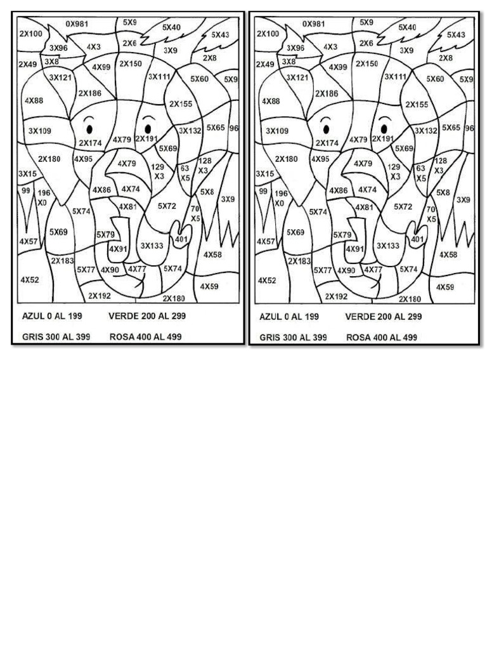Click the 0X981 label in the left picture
77,23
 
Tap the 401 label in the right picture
417,239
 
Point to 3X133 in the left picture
153,246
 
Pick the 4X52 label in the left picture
30,279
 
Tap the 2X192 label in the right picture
336,296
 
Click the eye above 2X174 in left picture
89,129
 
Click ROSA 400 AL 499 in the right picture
382,338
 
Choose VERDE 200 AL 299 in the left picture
147,316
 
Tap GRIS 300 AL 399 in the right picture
293,338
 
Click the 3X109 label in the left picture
40,131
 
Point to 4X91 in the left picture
118,249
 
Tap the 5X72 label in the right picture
403,206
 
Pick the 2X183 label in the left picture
63,260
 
